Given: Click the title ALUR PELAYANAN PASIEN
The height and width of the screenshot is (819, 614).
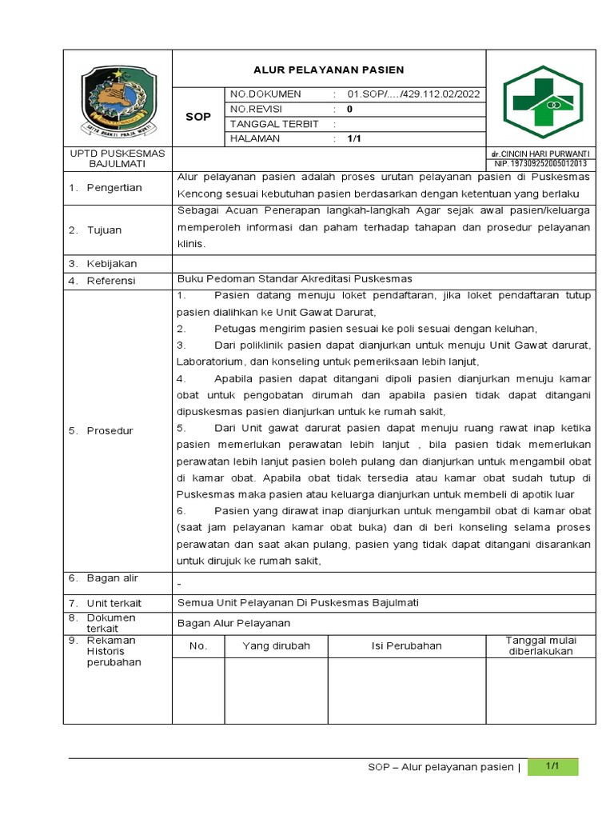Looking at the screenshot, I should point(329,70).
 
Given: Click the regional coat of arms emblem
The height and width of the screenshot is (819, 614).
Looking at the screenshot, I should point(118,99).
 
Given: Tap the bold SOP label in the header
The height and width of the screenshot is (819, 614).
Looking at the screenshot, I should point(198,117).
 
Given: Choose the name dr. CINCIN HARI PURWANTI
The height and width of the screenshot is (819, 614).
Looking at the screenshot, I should point(540,154).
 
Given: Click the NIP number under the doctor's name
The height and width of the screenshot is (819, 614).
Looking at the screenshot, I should point(540,164).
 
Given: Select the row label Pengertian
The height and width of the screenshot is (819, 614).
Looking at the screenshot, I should point(115,188).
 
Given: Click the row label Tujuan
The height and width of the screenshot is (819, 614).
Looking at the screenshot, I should point(106,230).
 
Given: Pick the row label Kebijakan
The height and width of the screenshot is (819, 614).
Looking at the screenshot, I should point(113,264).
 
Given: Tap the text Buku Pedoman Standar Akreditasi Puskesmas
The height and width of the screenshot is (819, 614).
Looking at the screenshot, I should point(294,279).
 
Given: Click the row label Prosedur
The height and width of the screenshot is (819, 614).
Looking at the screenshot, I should point(111,431).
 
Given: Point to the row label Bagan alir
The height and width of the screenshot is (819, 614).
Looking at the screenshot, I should point(114,578).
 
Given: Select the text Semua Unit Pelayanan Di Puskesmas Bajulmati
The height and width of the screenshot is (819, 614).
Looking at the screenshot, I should point(297,602).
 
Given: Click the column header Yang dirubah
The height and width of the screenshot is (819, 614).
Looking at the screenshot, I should point(276,645).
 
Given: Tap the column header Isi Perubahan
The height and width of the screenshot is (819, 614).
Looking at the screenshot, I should point(406,645).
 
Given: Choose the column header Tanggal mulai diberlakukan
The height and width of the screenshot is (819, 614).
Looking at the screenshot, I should point(540,645).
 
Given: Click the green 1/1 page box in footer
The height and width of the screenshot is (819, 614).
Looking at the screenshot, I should point(551,766).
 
